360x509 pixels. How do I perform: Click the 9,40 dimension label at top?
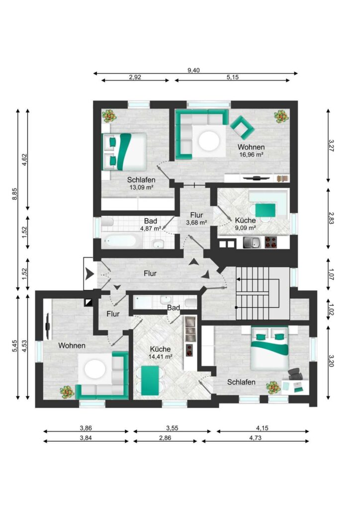point(193,70)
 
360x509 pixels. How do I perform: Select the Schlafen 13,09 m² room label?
point(141,183)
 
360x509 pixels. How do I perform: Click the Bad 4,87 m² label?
point(151,225)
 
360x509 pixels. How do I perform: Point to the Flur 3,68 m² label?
point(197,219)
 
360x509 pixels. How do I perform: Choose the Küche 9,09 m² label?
point(246,224)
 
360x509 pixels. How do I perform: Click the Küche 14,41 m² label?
point(161,352)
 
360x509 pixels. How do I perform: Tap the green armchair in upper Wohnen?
point(242,126)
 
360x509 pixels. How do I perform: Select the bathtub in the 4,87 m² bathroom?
point(121,242)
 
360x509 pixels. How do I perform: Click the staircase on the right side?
point(262,293)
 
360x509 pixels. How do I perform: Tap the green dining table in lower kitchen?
point(150,380)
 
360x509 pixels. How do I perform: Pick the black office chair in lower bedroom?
point(295,374)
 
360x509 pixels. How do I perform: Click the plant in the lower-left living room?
point(67,392)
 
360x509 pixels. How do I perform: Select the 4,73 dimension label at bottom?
point(255,437)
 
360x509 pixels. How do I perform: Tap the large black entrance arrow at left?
point(90,274)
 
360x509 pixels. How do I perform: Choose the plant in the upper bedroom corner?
point(109,115)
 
